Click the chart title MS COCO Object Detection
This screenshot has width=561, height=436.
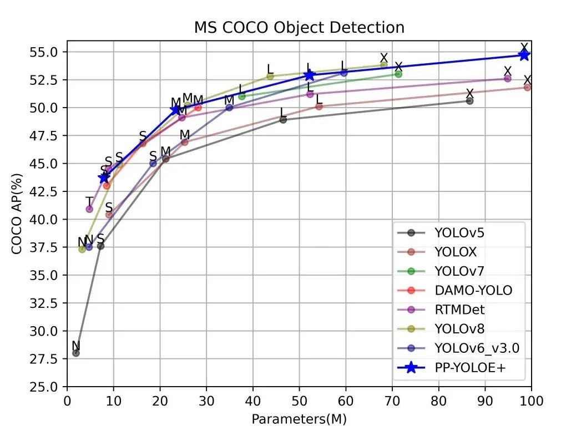point(299,27)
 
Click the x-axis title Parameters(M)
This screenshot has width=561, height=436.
point(299,419)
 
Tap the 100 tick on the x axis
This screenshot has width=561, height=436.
point(532,400)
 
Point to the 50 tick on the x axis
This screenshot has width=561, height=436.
point(300,400)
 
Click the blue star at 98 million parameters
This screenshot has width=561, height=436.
point(524,54)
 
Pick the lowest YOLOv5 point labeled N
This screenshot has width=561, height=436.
point(76,353)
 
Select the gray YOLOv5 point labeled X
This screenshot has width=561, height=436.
point(469,101)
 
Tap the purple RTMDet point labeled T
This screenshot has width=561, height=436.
point(89,209)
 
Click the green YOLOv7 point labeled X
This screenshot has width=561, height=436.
point(398,74)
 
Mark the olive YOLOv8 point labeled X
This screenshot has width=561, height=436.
point(383,65)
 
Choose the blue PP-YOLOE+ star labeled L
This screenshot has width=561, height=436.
point(309,75)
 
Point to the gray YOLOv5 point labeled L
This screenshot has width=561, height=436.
point(283,119)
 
